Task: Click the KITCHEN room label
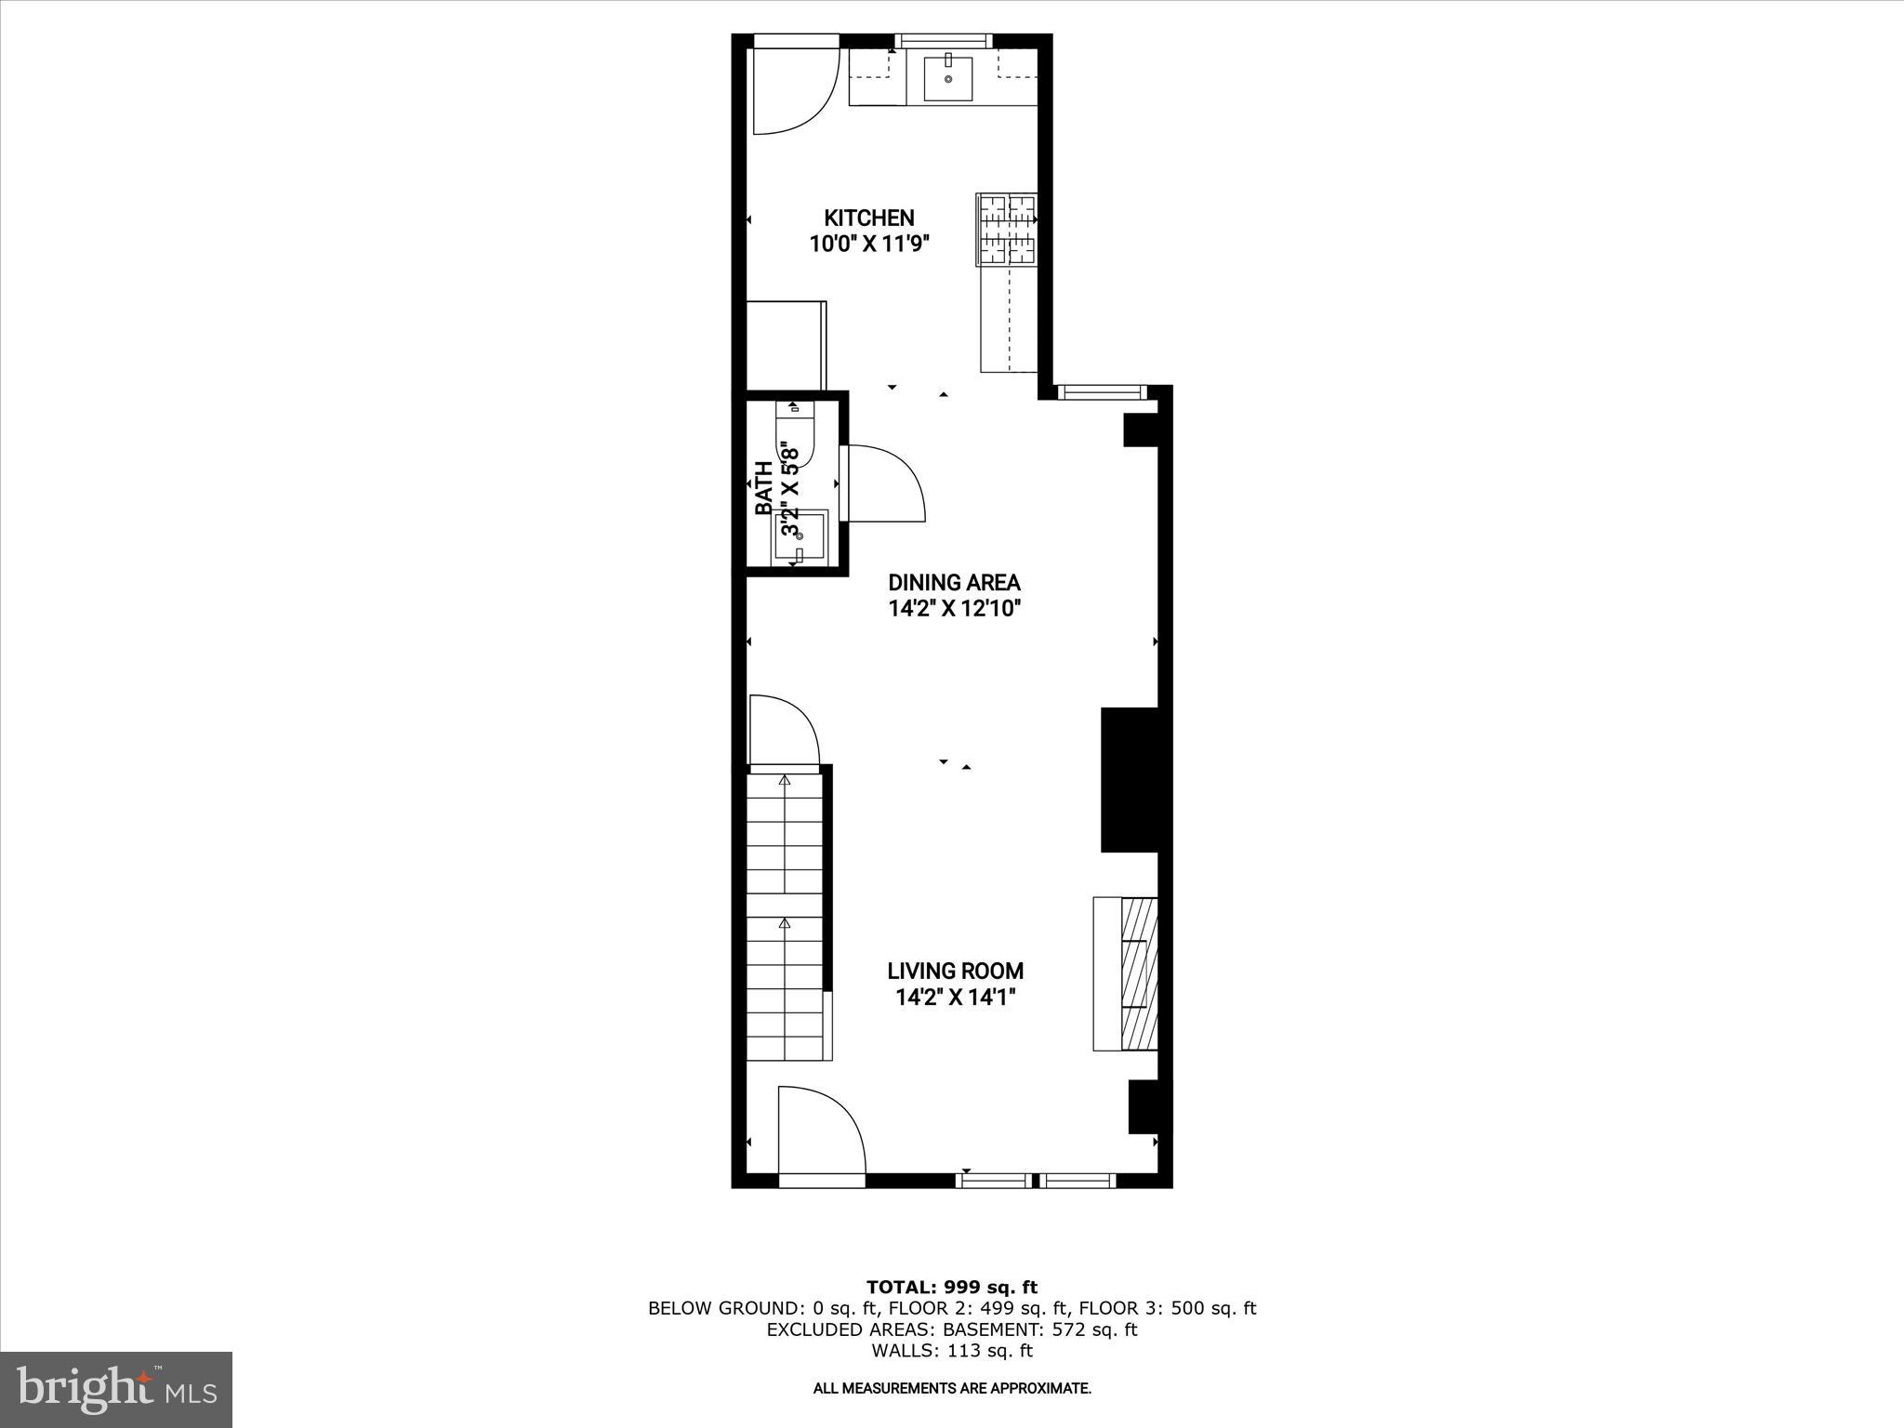click(x=868, y=218)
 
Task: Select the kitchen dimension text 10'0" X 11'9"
click(x=868, y=245)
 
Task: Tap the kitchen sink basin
click(x=947, y=78)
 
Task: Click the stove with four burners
click(x=1006, y=229)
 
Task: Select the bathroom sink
click(x=800, y=536)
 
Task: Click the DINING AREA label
click(x=954, y=583)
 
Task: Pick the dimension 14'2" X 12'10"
click(x=954, y=609)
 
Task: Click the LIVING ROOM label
click(x=955, y=971)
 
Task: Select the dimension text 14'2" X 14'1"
click(x=955, y=998)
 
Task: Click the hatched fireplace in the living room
click(x=1139, y=973)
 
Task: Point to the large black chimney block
click(x=1129, y=779)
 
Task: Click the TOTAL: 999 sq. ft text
click(x=951, y=1287)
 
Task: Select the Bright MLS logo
click(x=116, y=1389)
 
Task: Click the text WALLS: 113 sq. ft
click(x=951, y=1351)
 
